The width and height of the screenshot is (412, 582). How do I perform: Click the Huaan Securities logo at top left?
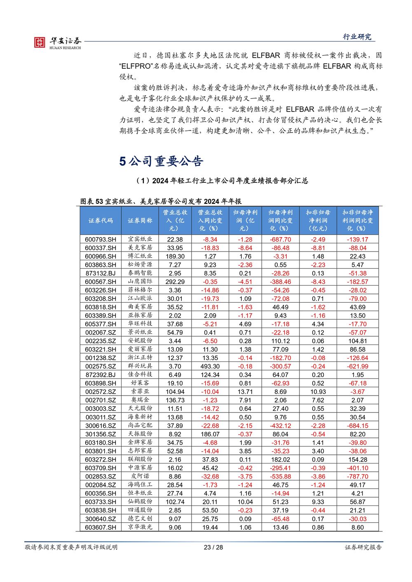57,42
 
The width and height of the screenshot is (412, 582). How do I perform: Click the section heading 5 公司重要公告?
161,161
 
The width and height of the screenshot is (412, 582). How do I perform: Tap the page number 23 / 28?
213,547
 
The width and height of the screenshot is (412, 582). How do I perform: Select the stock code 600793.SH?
101,239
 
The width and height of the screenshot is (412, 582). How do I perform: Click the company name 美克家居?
140,247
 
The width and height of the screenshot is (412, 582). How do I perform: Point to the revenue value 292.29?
175,282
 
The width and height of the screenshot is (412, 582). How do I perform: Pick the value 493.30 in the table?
210,366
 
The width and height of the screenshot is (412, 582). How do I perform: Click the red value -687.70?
280,239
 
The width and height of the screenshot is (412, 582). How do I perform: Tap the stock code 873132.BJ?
101,273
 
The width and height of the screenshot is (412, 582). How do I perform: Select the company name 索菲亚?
140,391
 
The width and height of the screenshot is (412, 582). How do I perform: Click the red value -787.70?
357,476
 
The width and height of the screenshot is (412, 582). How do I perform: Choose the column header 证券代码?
101,221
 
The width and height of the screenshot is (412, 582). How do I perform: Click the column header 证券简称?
140,221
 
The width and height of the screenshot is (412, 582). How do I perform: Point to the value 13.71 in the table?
245,391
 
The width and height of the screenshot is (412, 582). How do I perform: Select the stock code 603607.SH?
101,527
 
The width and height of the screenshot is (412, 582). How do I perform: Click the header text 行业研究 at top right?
357,37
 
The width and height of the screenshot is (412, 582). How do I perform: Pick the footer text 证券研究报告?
363,547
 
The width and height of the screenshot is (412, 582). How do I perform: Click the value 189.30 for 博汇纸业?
175,256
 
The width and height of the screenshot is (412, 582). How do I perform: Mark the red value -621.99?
357,366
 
